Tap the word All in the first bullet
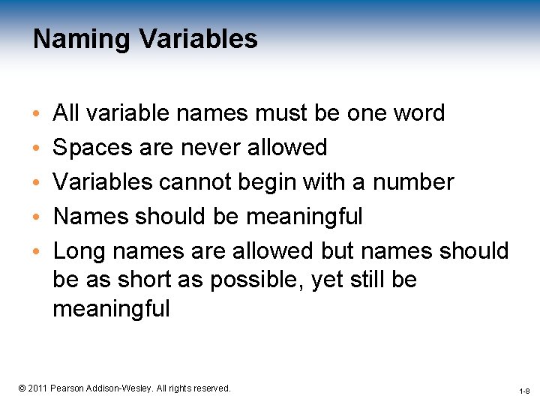click(66, 113)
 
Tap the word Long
click(78, 251)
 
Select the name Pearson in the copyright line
click(66, 388)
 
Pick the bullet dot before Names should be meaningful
click(37, 217)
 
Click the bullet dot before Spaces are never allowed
click(37, 148)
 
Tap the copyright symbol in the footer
click(22, 388)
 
